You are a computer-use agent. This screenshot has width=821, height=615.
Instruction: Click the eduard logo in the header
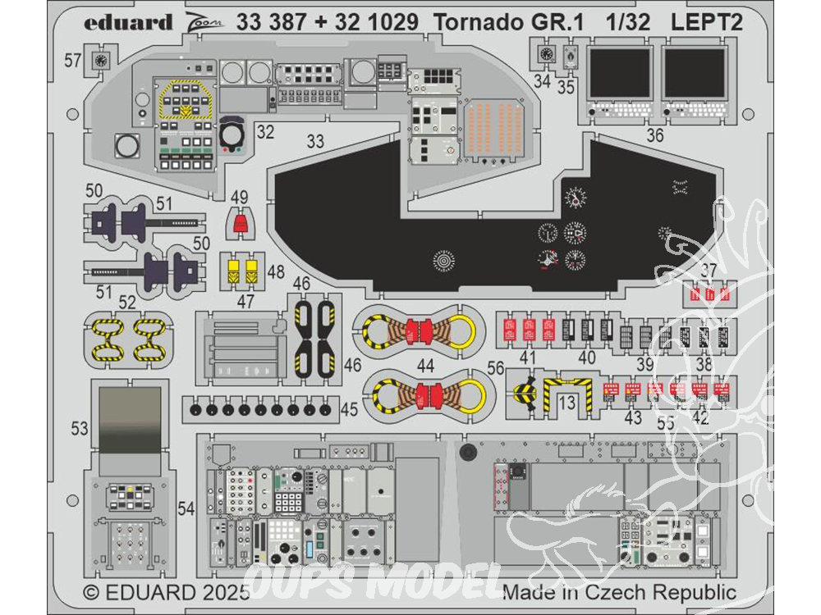[x=128, y=22]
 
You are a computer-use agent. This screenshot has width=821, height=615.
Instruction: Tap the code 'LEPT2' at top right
[x=707, y=22]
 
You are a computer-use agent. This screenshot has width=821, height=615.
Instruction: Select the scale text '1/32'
[x=626, y=22]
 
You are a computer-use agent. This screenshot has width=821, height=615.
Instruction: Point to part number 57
[x=73, y=60]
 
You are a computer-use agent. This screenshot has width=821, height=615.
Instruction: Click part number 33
[x=315, y=141]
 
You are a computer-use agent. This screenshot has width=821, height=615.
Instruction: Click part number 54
[x=186, y=508]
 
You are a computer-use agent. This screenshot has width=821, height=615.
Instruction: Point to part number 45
[x=349, y=408]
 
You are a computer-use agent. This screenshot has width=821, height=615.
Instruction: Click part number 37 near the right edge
[x=710, y=272]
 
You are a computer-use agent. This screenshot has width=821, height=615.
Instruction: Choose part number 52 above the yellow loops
[x=127, y=302]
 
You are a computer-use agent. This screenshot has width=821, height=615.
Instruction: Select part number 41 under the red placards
[x=528, y=357]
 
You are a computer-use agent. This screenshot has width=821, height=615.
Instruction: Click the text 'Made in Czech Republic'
[x=619, y=591]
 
